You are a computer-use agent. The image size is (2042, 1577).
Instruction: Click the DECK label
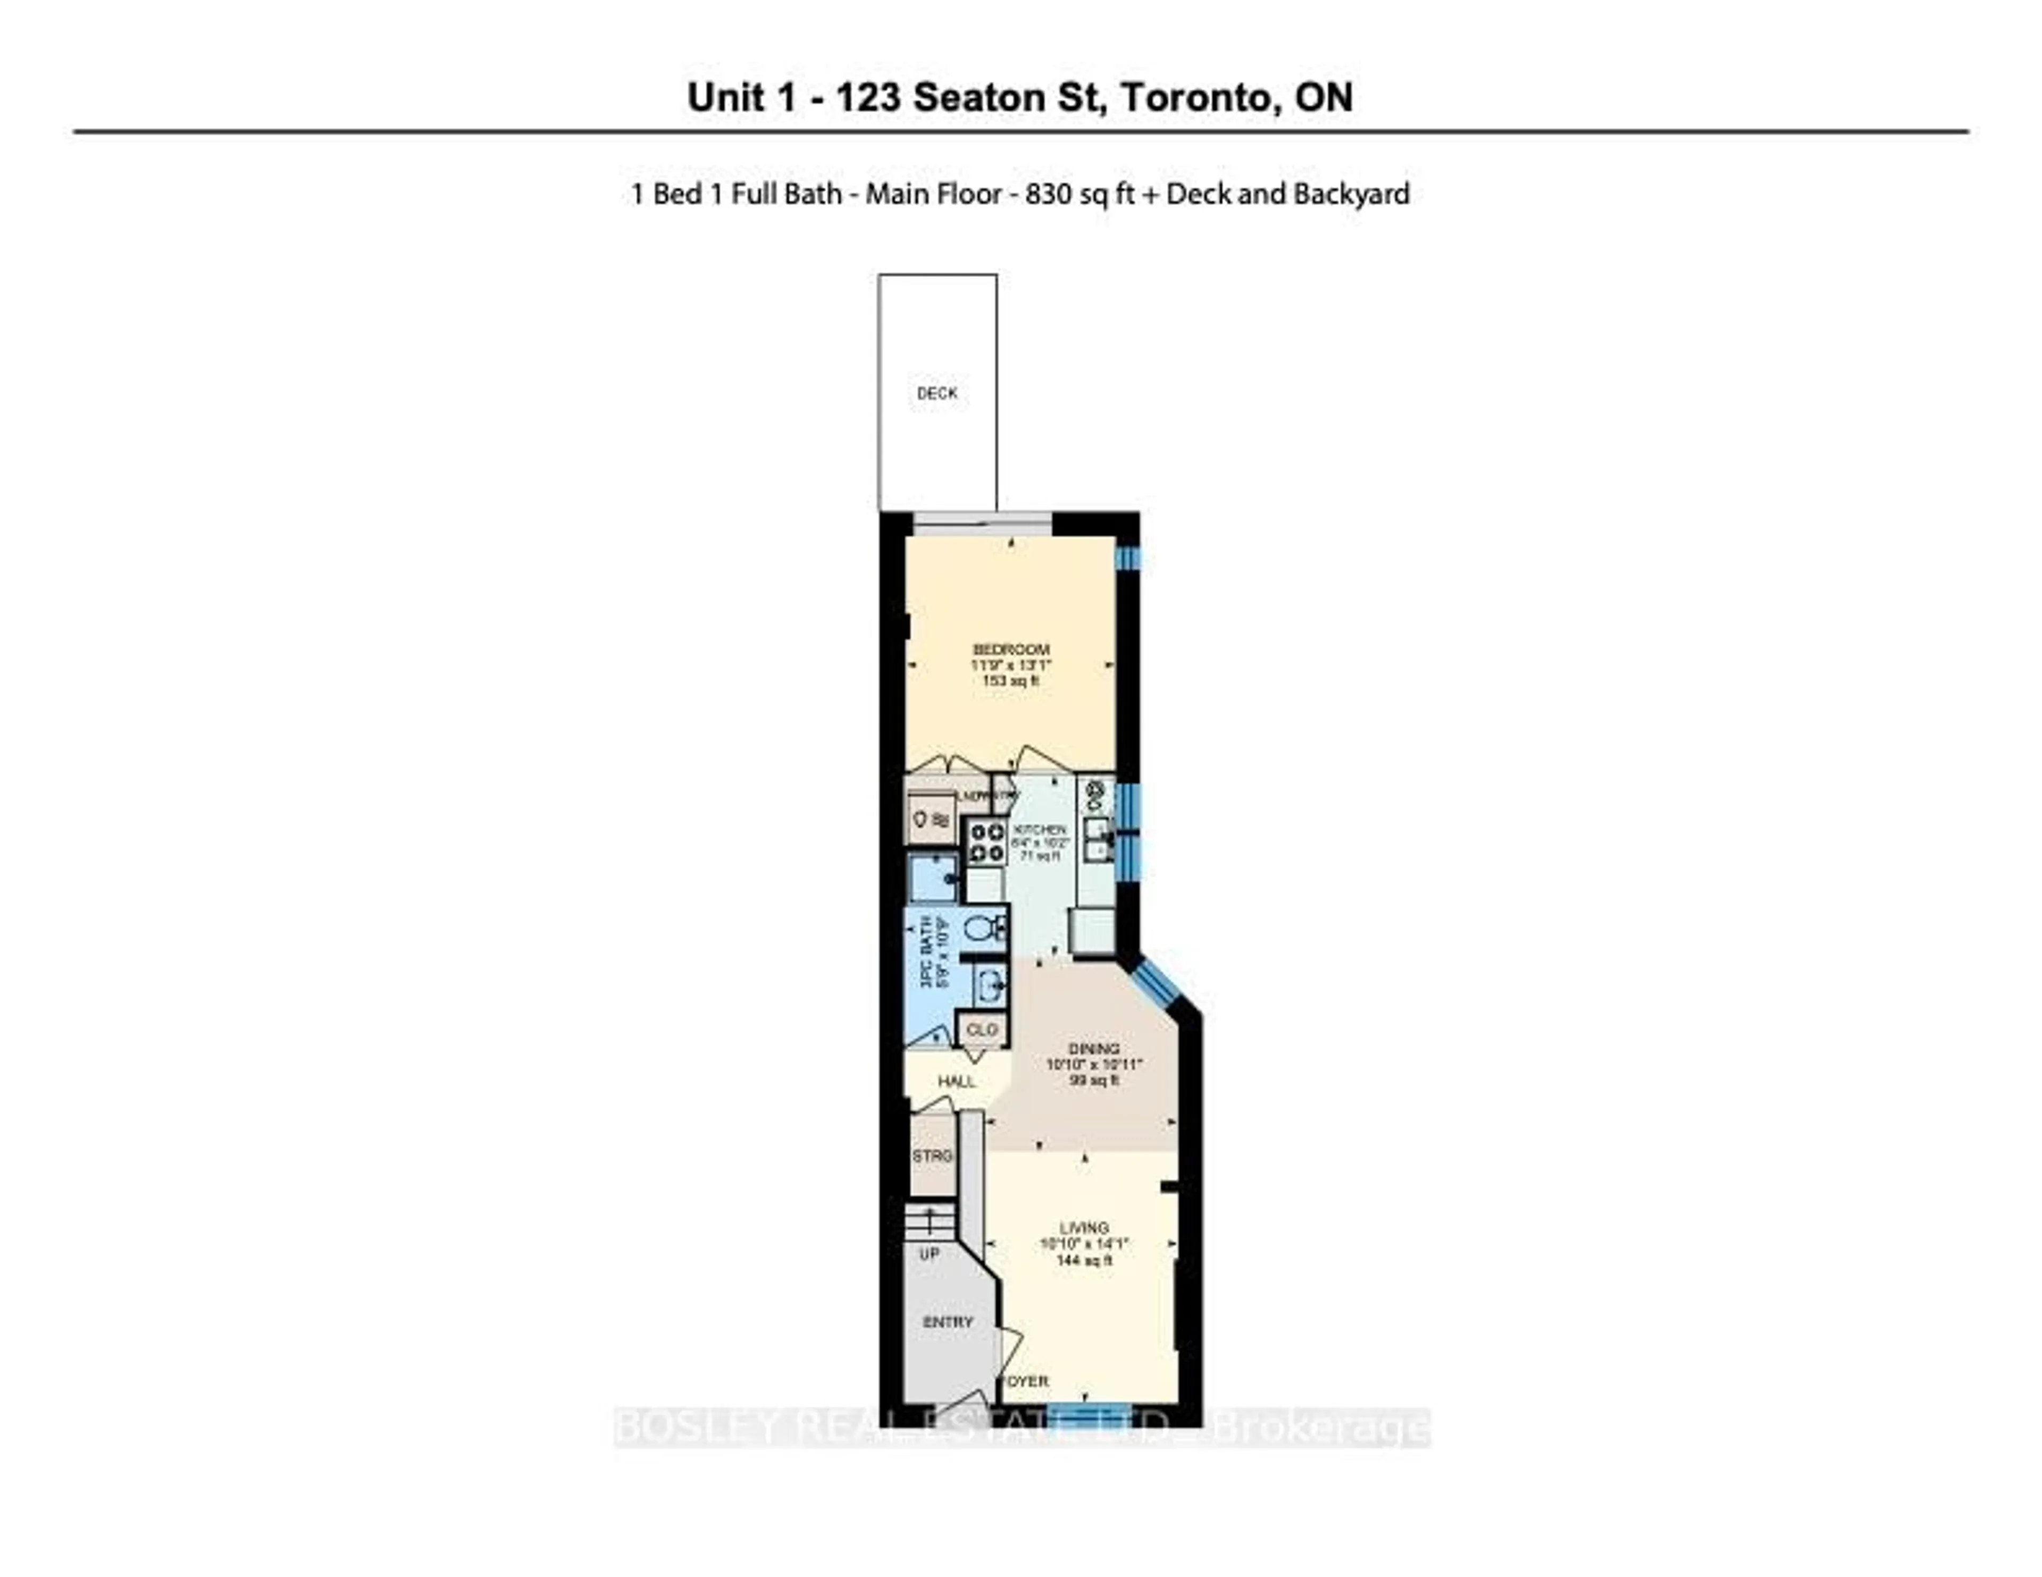click(x=937, y=393)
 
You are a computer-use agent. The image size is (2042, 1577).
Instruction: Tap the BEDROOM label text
click(x=1011, y=650)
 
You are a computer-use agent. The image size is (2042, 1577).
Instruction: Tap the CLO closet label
click(x=982, y=1030)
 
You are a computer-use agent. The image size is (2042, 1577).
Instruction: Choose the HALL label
click(x=957, y=1082)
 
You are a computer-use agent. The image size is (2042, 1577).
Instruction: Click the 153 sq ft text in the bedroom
click(x=1011, y=680)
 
